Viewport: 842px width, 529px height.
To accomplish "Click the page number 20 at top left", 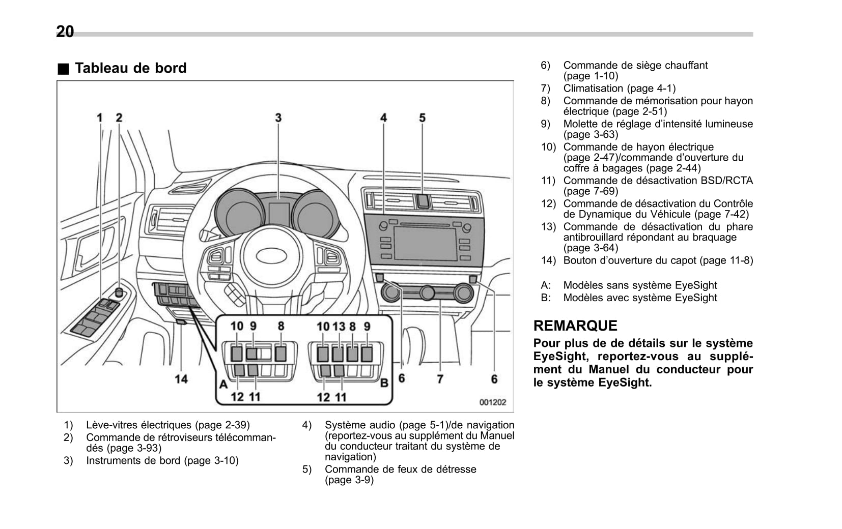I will coord(65,32).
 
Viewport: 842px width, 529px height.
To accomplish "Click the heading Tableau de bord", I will coord(130,68).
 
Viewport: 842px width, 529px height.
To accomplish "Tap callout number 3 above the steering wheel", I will coord(278,117).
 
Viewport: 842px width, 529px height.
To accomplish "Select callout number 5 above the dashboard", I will coord(422,117).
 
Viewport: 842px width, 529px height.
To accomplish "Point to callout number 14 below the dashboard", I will coord(181,379).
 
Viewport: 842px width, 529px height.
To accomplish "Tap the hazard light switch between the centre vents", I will coord(423,201).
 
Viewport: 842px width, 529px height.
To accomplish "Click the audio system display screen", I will coord(425,244).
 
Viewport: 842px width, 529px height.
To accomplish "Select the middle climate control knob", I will coord(427,292).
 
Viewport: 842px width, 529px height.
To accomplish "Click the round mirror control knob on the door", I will coord(119,292).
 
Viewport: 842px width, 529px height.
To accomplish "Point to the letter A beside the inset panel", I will coord(223,384).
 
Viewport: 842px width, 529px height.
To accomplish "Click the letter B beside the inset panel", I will coord(384,383).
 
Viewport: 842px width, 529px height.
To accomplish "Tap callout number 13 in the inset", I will coord(339,327).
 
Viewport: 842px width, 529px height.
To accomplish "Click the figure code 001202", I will coord(492,402).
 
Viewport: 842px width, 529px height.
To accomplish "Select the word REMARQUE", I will coord(575,326).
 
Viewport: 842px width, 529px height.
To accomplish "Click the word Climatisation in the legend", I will coord(593,88).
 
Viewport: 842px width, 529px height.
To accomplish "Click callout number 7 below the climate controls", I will coord(440,379).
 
